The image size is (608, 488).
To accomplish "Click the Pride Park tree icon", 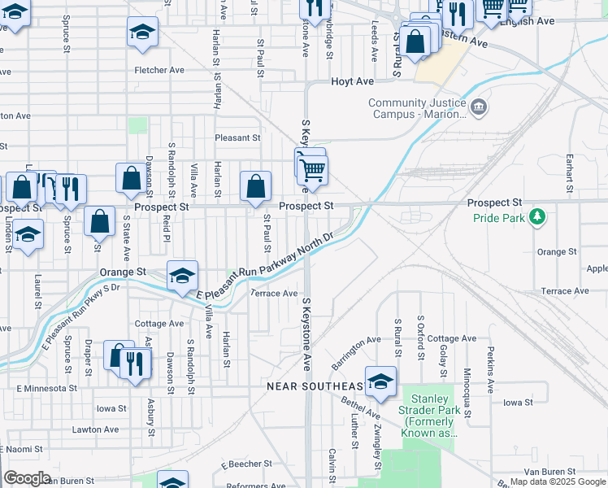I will click(536, 216).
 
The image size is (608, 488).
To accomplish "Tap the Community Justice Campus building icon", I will click(479, 107).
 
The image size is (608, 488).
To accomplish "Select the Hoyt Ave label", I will click(352, 82).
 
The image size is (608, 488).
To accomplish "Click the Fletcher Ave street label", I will click(159, 70).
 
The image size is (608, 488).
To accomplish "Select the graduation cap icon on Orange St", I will click(183, 276).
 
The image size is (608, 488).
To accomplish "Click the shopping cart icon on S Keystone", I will click(312, 169).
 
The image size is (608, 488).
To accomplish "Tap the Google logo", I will click(28, 478).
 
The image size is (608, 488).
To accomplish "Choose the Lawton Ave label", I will click(95, 429).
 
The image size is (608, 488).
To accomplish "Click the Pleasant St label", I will click(237, 138).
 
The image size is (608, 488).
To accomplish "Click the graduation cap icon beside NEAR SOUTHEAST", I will click(380, 381).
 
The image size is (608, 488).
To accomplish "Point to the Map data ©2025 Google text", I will click(558, 481).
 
